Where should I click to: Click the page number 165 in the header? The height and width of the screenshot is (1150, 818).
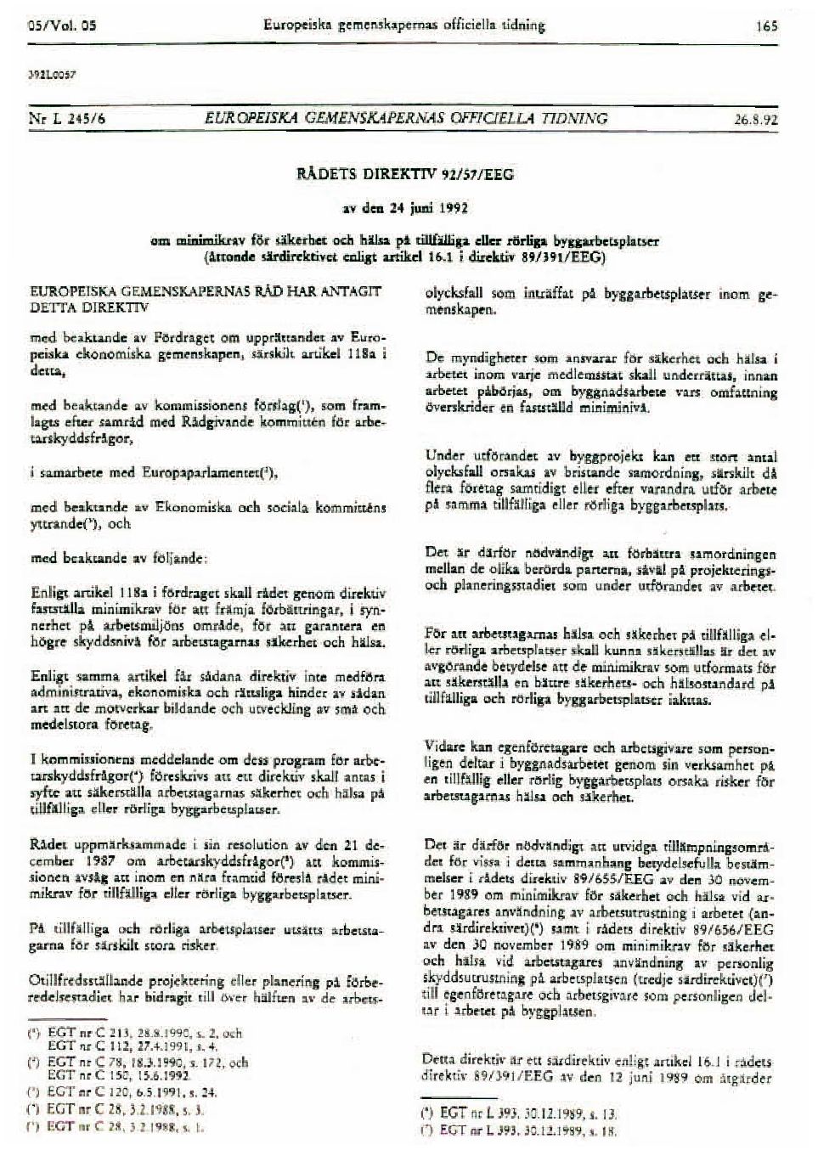tap(766, 26)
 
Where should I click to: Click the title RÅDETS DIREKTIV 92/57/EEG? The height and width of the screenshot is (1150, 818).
tap(415, 175)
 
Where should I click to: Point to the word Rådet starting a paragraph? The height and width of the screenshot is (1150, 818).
tap(46, 846)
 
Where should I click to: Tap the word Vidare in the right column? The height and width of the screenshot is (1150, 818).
tap(445, 747)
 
